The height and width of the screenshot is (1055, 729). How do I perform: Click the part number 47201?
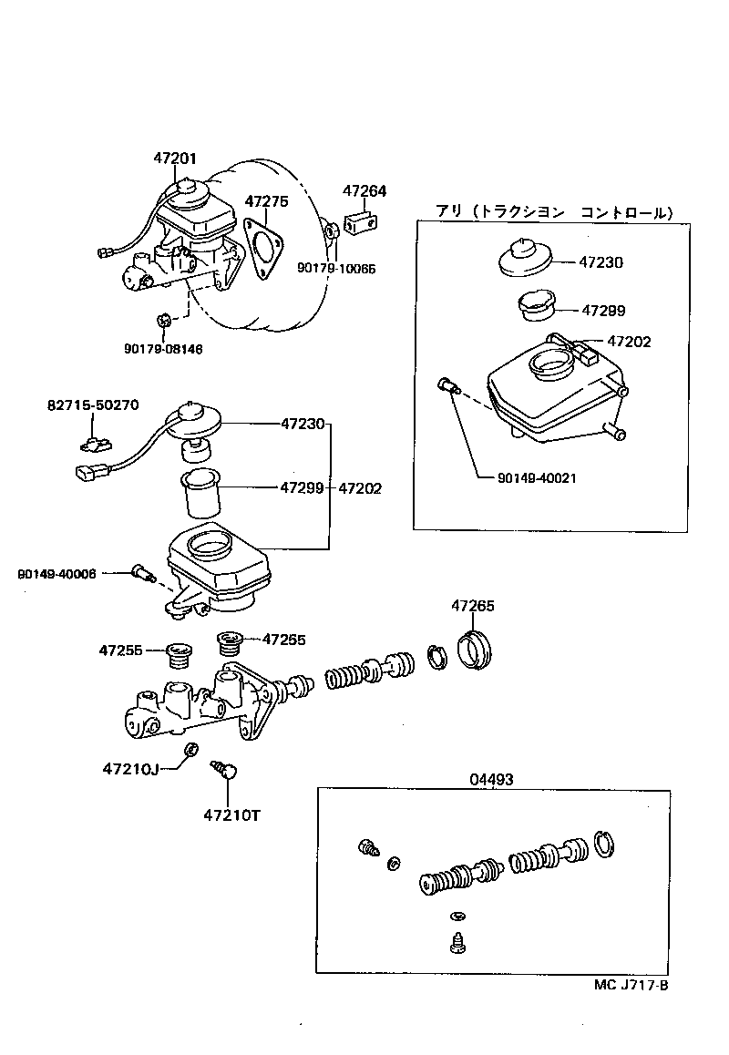[x=174, y=159]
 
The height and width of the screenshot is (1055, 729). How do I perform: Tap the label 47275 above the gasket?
[x=266, y=201]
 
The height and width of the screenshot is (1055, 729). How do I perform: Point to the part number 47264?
[x=364, y=191]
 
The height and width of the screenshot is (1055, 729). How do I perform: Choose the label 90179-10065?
[x=336, y=269]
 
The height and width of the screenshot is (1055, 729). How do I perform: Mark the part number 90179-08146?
[x=163, y=347]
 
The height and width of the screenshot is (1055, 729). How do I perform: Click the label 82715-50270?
[x=94, y=405]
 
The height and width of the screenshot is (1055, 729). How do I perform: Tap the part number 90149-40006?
[x=56, y=573]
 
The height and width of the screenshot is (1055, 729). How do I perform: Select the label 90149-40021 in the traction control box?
[x=538, y=477]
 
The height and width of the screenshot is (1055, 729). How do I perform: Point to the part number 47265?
[x=473, y=606]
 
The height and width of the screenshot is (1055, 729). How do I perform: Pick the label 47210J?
[x=131, y=769]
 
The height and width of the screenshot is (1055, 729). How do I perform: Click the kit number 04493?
[x=491, y=779]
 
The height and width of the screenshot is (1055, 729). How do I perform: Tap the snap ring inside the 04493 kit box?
[x=604, y=844]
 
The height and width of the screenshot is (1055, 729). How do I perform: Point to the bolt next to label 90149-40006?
[x=143, y=573]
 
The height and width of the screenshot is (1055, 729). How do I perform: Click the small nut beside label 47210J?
[x=190, y=750]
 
